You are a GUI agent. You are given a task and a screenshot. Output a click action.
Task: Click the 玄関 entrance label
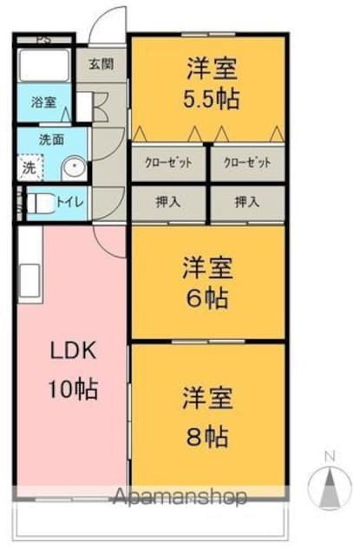(101, 64)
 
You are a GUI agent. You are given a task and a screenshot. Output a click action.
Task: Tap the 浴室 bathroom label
(43, 102)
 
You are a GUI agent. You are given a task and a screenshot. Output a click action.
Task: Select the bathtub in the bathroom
(43, 66)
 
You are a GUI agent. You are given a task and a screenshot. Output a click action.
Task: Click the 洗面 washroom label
(52, 140)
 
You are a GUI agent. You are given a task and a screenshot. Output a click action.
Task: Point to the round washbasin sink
(74, 166)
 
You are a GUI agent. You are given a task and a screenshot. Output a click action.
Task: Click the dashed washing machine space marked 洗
(30, 167)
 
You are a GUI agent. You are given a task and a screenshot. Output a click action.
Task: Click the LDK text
(73, 351)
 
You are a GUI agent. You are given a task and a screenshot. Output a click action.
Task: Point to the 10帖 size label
(73, 389)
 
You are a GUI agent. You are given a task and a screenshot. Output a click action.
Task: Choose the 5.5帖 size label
(212, 98)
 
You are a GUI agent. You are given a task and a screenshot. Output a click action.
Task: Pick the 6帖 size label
(208, 298)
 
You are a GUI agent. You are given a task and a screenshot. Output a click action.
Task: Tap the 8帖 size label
(207, 437)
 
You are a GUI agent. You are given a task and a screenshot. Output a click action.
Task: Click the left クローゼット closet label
(168, 162)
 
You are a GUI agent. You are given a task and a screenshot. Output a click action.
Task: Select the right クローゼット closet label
(247, 162)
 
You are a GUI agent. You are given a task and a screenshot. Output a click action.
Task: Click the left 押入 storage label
(168, 202)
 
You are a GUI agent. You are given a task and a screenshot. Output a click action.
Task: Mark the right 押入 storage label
(247, 202)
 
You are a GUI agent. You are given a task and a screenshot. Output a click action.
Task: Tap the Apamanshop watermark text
(180, 496)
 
